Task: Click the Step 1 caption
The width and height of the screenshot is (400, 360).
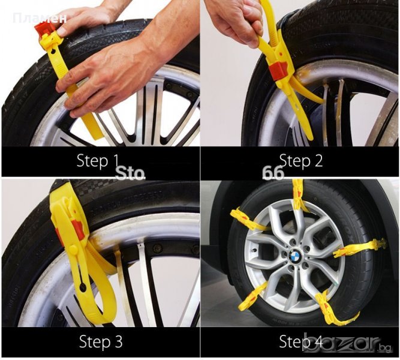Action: click(x=98, y=161)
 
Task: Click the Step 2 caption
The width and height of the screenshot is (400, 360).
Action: click(x=301, y=161)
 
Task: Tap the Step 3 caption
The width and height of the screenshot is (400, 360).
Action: click(x=101, y=341)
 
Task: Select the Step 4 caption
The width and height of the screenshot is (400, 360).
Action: click(x=301, y=341)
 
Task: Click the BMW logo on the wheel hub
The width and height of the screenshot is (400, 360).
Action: click(x=294, y=255)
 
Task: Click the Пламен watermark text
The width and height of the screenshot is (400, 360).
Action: click(x=40, y=19)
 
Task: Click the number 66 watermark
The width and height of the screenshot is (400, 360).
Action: click(x=273, y=173)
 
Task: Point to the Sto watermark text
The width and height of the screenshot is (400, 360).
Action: click(x=130, y=173)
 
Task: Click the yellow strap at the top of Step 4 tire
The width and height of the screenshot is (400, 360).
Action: click(x=299, y=196)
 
